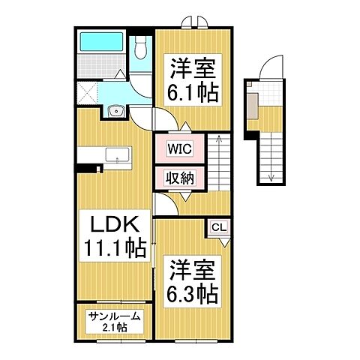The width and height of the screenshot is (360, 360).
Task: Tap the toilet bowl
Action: pos(141,49)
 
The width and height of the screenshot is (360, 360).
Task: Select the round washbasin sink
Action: pos(114,112)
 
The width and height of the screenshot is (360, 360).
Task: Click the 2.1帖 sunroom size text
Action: pos(112,328)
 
